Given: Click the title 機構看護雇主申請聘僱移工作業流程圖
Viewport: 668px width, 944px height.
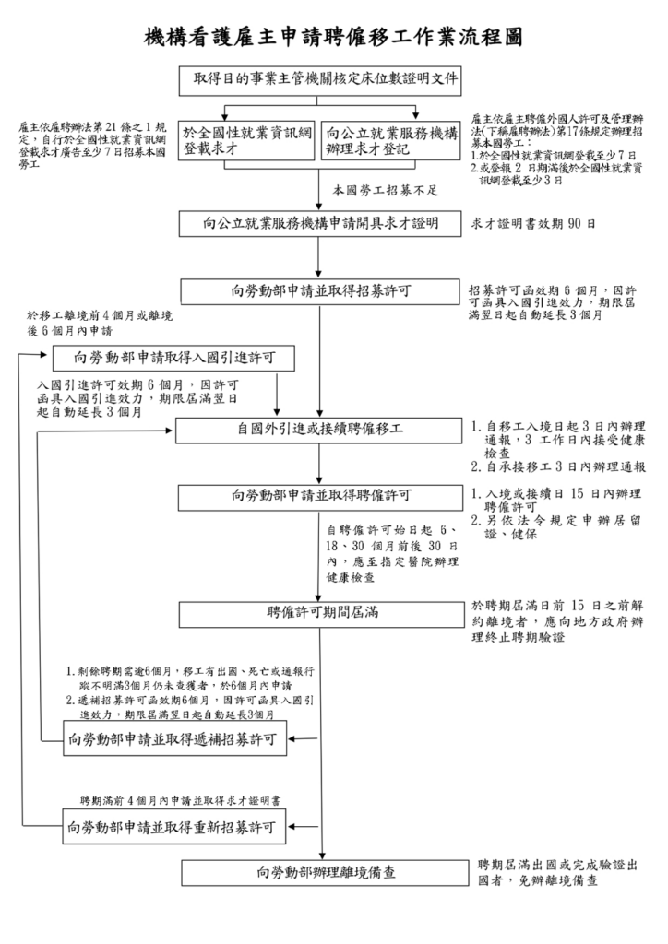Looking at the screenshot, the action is click(x=333, y=37).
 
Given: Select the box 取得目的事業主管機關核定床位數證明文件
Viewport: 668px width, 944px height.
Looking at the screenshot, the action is click(x=320, y=81).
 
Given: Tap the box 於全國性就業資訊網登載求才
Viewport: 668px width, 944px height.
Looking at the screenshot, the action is click(x=246, y=141).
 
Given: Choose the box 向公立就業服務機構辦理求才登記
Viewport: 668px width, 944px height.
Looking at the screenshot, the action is click(x=391, y=141).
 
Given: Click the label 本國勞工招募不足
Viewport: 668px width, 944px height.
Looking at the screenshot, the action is click(x=386, y=191).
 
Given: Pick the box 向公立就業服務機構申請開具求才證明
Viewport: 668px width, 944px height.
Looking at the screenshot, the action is click(x=320, y=223).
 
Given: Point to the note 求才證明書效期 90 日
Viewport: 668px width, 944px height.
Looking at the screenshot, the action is click(x=533, y=224).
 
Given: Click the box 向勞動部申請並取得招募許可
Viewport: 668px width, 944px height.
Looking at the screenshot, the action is click(x=320, y=291).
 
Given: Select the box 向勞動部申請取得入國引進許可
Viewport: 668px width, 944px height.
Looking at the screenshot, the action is click(x=173, y=359).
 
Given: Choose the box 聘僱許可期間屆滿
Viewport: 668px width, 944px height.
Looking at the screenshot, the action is click(x=322, y=613).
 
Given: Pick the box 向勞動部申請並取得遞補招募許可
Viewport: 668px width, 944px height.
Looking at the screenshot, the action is click(x=174, y=738).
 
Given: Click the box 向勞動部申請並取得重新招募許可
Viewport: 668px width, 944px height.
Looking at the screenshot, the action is click(x=174, y=827).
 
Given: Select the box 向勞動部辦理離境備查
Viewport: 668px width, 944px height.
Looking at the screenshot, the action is click(x=326, y=872).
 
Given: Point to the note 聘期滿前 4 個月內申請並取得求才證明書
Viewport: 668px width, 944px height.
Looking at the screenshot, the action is click(x=180, y=801).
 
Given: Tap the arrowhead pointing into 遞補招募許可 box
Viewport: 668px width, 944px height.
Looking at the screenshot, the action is click(x=292, y=738).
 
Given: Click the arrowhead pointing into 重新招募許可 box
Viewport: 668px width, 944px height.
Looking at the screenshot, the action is click(x=292, y=827).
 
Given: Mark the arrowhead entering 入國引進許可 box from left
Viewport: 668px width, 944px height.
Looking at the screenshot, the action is click(x=43, y=355).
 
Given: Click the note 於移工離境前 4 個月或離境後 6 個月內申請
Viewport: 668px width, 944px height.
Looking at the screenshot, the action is click(x=100, y=323).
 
